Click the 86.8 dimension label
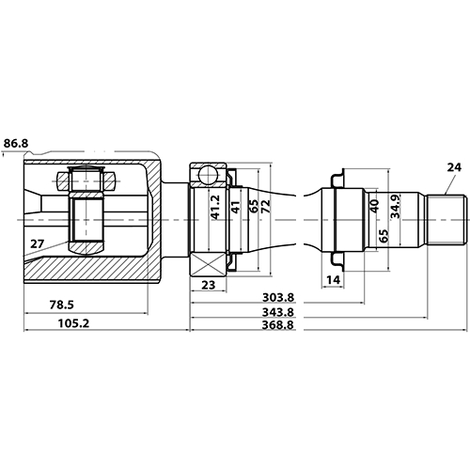click(x=17, y=143)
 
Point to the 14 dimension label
click(x=334, y=279)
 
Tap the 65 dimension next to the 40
click(x=384, y=235)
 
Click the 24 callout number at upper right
click(x=454, y=167)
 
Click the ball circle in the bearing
click(x=208, y=174)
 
